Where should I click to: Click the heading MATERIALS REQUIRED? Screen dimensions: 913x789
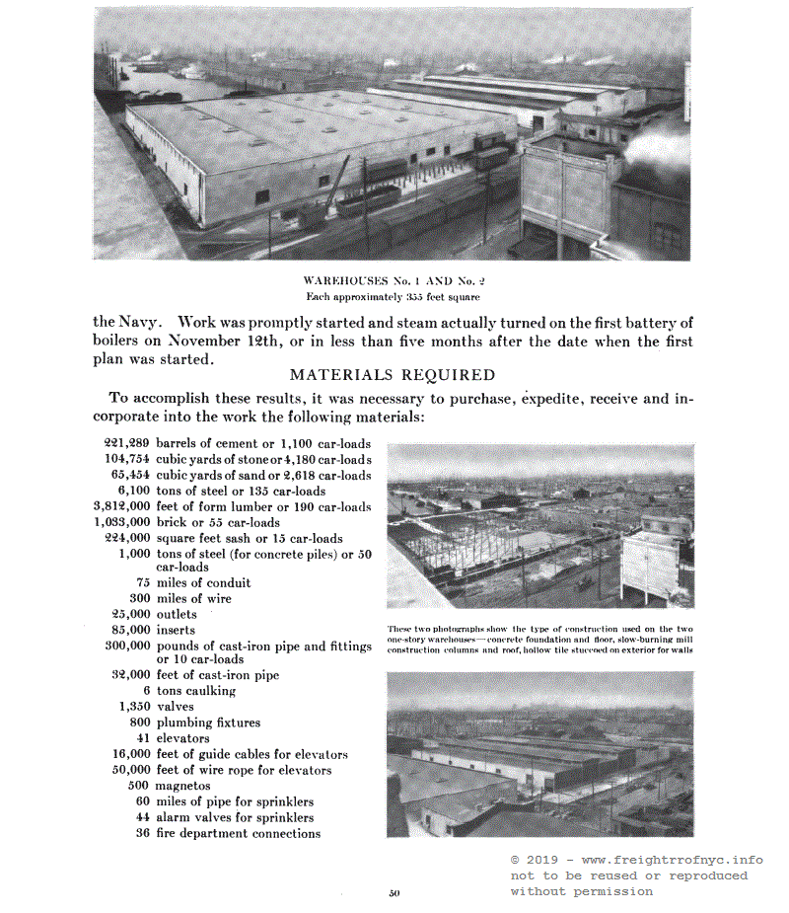pyautogui.click(x=392, y=375)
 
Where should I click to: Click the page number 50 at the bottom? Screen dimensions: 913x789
pyautogui.click(x=394, y=894)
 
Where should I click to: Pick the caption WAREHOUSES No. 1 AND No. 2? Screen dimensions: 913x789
pyautogui.click(x=393, y=281)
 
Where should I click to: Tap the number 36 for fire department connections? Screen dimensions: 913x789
pyautogui.click(x=141, y=833)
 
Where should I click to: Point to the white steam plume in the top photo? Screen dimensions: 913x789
pyautogui.click(x=659, y=148)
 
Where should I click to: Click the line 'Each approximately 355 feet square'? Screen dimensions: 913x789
pyautogui.click(x=393, y=296)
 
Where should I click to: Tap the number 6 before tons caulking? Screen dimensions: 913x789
pyautogui.click(x=146, y=691)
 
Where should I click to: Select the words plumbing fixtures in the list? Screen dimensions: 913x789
pyautogui.click(x=208, y=723)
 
